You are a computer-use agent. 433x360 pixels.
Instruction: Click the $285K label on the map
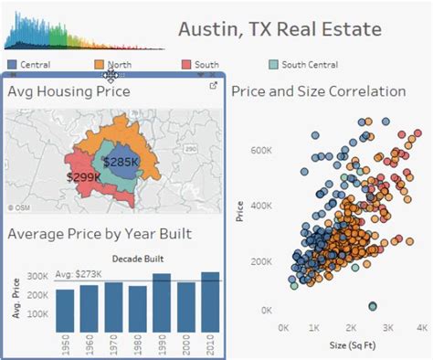click(x=120, y=162)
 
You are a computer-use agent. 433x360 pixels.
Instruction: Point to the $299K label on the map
click(x=83, y=177)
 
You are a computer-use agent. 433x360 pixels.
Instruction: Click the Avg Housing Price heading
click(x=69, y=91)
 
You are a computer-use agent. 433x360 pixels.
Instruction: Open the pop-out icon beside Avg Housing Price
click(x=213, y=86)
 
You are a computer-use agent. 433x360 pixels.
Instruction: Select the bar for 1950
click(x=65, y=311)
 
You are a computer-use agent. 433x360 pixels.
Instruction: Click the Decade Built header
click(x=138, y=257)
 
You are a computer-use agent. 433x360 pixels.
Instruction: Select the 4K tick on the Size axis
click(x=421, y=326)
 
